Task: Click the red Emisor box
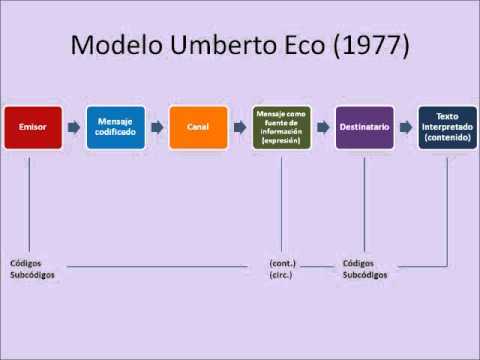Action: (x=30, y=128)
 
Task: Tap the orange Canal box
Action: (x=197, y=128)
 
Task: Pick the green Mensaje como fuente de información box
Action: (x=281, y=128)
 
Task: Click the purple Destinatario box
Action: (x=364, y=128)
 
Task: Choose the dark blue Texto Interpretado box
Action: (x=446, y=128)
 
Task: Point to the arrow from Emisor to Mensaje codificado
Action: (x=73, y=128)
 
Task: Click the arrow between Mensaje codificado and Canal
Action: (x=157, y=128)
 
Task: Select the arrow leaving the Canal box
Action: (x=240, y=128)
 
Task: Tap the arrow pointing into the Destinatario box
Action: (x=322, y=128)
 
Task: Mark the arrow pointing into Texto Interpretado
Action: (x=406, y=128)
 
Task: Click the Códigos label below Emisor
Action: (x=27, y=262)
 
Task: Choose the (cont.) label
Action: (x=283, y=262)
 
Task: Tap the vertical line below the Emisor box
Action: (x=30, y=200)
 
